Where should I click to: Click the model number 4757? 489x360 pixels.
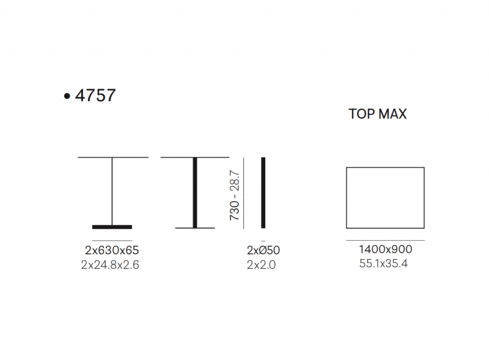(x=95, y=95)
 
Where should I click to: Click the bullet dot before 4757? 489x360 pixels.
(x=67, y=96)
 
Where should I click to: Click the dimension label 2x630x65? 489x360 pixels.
(x=112, y=250)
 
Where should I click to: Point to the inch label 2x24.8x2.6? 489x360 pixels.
(x=110, y=265)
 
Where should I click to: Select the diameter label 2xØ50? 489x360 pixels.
(x=263, y=250)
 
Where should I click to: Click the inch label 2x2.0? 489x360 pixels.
(x=262, y=265)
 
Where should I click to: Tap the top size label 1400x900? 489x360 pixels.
(x=386, y=249)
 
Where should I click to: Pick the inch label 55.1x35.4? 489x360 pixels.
(x=383, y=263)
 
